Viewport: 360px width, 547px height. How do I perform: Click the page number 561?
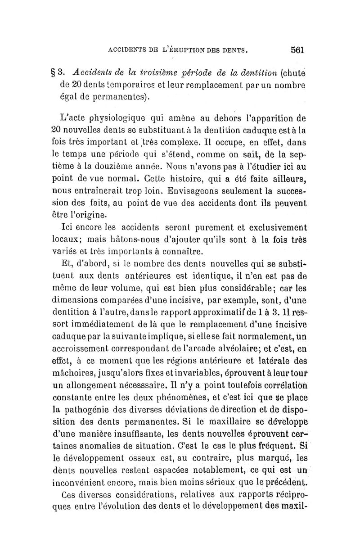[x=298, y=50]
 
